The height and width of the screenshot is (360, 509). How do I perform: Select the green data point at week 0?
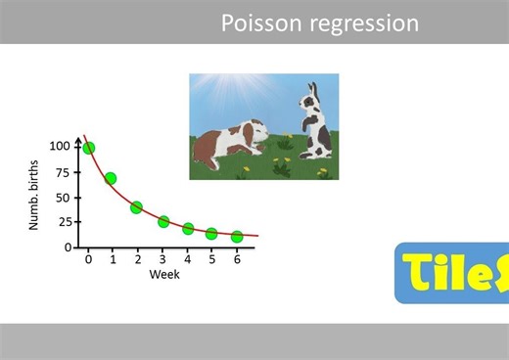[x=89, y=148]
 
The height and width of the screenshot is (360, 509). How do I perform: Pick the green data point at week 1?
[x=111, y=178]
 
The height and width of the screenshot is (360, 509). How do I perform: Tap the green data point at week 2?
[x=137, y=207]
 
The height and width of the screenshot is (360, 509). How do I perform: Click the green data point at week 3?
[x=163, y=222]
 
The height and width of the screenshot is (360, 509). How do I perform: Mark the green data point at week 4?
[x=188, y=229]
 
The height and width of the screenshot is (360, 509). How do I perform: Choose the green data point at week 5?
[x=211, y=234]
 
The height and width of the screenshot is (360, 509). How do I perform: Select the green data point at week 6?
[x=237, y=237]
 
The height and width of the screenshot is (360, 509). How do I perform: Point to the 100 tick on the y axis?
[x=61, y=147]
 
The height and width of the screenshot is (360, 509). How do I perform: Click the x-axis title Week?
[x=163, y=275]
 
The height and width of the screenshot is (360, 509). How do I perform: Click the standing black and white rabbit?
[x=316, y=122]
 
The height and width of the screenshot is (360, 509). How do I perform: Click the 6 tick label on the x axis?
[x=236, y=259]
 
